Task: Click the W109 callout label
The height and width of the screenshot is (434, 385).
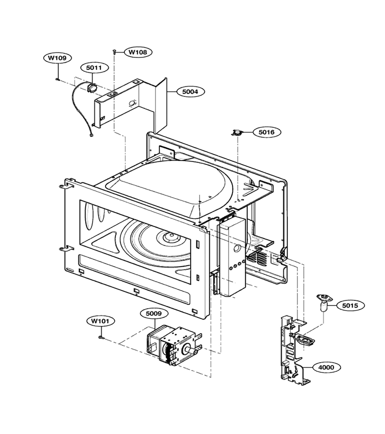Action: coord(57,58)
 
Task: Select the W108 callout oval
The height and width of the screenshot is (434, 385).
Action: coord(138,52)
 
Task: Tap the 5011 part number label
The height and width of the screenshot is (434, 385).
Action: coord(94,68)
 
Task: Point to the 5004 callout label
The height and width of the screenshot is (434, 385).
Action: coord(190,91)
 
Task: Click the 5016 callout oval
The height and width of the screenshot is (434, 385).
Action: coord(267,132)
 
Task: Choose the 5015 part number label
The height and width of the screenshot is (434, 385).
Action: coord(350,305)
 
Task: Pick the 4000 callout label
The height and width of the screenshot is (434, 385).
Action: coord(326,367)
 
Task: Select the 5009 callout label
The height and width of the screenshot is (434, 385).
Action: coord(154,313)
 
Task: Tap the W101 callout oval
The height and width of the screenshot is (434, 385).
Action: coord(100,321)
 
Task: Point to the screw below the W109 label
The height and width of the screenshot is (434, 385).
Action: coord(58,79)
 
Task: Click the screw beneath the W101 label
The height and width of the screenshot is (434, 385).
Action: coord(101,337)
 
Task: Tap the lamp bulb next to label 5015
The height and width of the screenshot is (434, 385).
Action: coord(324,302)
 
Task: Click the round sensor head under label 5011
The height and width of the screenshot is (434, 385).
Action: coord(92,88)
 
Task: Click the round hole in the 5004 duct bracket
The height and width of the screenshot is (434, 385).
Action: coord(132,103)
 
